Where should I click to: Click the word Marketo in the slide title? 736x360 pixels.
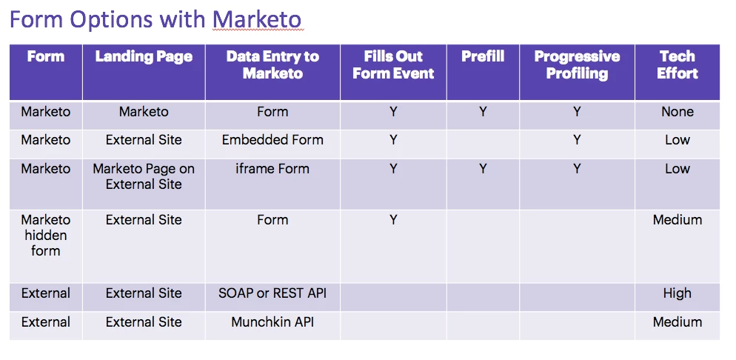(257, 19)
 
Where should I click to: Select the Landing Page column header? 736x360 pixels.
(144, 57)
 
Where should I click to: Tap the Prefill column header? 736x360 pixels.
(483, 56)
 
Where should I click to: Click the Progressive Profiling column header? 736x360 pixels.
(577, 64)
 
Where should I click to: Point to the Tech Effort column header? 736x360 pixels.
(678, 64)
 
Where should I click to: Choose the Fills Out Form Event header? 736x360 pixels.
(393, 64)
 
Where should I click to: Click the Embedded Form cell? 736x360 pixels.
(272, 140)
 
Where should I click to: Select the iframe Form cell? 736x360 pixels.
(272, 168)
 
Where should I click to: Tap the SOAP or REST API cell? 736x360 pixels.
(272, 293)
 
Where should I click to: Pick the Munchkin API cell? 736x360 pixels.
(272, 322)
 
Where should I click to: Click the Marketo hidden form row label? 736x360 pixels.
(45, 235)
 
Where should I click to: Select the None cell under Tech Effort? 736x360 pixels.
(678, 112)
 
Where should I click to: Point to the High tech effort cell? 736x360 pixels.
(678, 293)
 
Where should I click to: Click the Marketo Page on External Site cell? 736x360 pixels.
(144, 176)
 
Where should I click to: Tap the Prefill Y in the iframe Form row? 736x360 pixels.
(483, 168)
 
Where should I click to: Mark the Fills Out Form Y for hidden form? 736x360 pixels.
(393, 220)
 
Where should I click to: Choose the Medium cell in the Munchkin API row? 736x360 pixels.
(678, 322)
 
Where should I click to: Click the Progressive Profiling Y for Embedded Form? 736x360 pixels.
(577, 140)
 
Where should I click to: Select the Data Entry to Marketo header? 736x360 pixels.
(272, 64)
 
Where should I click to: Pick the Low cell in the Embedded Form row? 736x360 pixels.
(678, 140)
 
